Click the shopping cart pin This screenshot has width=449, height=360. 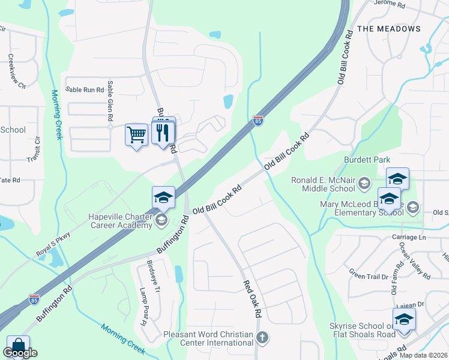coord(137,135)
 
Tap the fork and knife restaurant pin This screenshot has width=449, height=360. coord(162,133)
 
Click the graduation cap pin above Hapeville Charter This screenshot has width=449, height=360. coord(163,197)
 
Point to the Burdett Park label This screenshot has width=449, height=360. coord(367,160)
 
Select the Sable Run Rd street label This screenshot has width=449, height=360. coord(85,89)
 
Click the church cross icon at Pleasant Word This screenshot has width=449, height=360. coord(262,337)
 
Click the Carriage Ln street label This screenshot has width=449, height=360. coord(409,237)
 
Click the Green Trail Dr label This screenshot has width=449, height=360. coord(369,276)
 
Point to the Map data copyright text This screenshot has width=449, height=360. coord(423,355)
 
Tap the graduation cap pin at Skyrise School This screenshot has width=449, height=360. coord(404,319)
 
